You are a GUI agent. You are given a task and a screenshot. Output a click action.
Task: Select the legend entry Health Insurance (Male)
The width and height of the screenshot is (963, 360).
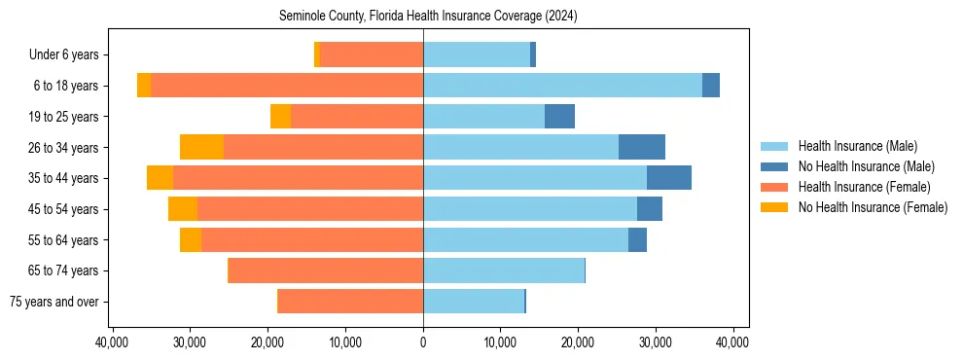click(x=856, y=146)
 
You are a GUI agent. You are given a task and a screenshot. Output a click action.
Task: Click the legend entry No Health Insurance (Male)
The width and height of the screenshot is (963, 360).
click(x=865, y=166)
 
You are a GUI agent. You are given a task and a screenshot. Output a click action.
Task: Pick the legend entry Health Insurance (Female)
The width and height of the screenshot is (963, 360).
click(x=862, y=187)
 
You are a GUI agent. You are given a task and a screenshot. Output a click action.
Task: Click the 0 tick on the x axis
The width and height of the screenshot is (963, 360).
click(x=423, y=342)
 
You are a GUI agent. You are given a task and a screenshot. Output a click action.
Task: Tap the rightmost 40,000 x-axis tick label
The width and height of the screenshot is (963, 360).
click(x=731, y=342)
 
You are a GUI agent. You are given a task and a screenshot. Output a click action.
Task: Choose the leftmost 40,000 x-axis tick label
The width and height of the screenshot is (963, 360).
click(x=114, y=342)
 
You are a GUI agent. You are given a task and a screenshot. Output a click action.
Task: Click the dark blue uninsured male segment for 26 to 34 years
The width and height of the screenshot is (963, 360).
click(x=642, y=147)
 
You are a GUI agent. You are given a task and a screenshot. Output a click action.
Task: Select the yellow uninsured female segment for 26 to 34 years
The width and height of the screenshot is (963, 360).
click(x=201, y=147)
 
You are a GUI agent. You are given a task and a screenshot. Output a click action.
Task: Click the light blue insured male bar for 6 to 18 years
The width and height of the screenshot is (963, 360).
click(x=562, y=86)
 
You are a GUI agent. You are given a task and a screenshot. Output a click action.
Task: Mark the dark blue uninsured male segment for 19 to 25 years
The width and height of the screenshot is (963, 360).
click(x=559, y=117)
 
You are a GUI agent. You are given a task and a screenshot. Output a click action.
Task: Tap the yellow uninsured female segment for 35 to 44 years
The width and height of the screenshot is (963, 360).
click(x=160, y=178)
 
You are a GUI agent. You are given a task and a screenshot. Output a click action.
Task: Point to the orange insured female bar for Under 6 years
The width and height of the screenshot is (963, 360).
click(x=372, y=55)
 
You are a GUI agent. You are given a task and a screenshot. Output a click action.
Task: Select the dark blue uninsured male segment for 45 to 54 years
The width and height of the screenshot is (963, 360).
click(x=650, y=209)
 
